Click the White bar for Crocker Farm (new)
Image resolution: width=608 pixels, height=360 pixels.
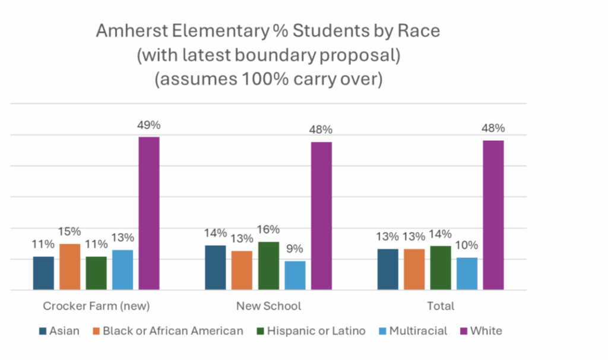pos(149,213)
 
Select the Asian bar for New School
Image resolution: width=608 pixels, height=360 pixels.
pos(215,267)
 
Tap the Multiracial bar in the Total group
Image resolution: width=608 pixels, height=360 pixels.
pos(467,273)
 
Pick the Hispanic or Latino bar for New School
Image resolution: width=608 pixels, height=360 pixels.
pos(268,266)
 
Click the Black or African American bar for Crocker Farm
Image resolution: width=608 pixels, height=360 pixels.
pos(69,267)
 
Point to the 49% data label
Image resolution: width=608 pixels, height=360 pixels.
pos(149,125)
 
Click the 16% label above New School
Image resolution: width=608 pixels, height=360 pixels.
pos(268,230)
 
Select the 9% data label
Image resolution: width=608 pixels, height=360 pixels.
pos(295,250)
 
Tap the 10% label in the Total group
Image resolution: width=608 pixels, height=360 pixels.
pos(467,245)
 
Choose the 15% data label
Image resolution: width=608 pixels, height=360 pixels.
pos(70,232)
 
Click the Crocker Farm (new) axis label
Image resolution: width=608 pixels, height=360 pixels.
pos(96,307)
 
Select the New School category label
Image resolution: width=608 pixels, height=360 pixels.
pos(268,307)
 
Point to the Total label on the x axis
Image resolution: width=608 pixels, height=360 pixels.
pos(440,307)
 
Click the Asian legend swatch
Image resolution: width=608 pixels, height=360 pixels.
pos(43,331)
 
